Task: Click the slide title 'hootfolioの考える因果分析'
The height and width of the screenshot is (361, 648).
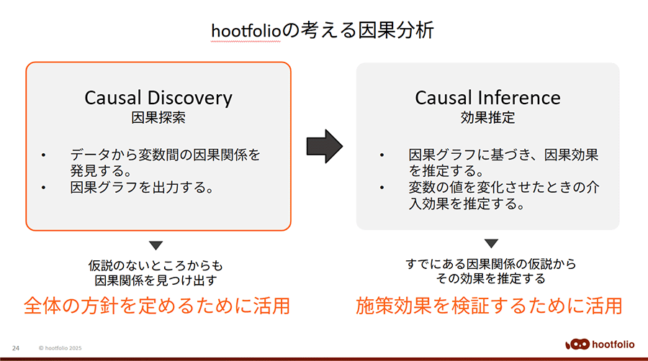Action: [x=323, y=31]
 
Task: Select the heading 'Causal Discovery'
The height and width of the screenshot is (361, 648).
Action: [x=158, y=99]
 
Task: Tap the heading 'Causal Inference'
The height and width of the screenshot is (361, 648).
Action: [x=487, y=98]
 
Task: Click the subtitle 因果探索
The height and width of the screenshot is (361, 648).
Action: [x=158, y=118]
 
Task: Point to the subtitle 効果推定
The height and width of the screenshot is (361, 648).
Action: [x=487, y=118]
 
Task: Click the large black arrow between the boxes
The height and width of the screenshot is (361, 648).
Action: [x=325, y=146]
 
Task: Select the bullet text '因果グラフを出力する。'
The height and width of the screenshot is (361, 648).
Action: [x=142, y=187]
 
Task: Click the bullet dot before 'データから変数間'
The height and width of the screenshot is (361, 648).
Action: [x=43, y=155]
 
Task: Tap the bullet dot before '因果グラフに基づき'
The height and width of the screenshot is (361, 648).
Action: [x=382, y=155]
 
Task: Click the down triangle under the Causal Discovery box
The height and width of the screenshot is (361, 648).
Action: [x=156, y=245]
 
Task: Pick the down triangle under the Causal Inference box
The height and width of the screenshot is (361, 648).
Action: [x=491, y=243]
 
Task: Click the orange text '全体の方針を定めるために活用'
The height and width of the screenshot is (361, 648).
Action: [x=157, y=306]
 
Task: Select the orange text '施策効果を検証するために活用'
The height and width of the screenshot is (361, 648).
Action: [x=489, y=306]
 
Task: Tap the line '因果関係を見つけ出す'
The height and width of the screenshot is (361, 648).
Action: [x=156, y=280]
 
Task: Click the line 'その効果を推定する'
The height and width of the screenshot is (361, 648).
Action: [x=491, y=278]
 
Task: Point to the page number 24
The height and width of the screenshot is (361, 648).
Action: [x=16, y=348]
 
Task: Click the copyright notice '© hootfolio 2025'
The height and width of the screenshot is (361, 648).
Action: [x=60, y=348]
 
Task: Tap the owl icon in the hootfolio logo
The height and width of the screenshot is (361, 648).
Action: [x=577, y=344]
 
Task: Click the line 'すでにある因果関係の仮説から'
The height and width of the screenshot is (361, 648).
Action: [x=491, y=264]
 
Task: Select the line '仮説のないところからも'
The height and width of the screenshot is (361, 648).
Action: [x=156, y=265]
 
